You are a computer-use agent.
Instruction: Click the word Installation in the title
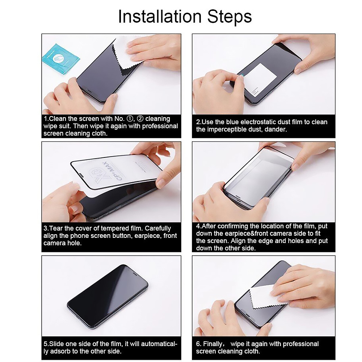click(x=160, y=16)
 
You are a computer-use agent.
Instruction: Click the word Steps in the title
click(x=230, y=17)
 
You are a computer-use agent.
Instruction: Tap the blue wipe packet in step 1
click(x=61, y=59)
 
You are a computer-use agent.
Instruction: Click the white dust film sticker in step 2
click(x=260, y=77)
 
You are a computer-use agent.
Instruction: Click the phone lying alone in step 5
click(x=108, y=297)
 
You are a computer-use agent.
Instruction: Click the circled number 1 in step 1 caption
click(x=130, y=119)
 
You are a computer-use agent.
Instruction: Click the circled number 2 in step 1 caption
click(x=140, y=119)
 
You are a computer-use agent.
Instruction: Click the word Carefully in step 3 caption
click(x=158, y=228)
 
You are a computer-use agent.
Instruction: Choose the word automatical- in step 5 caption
click(x=159, y=344)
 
